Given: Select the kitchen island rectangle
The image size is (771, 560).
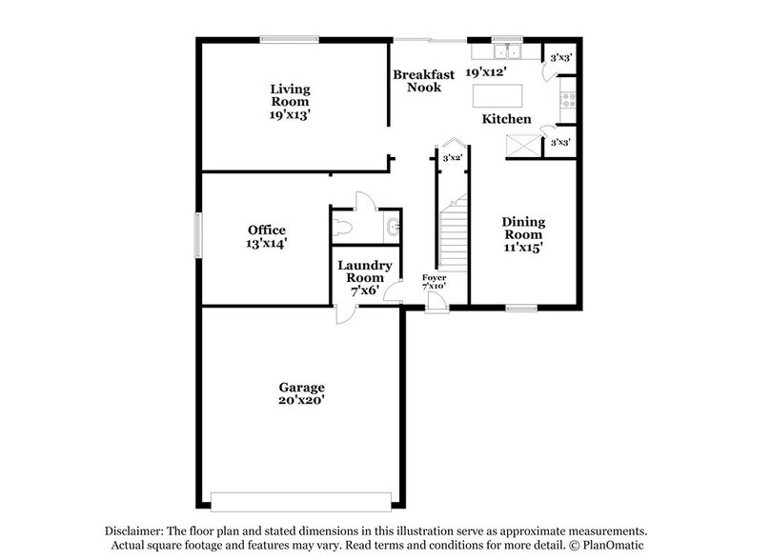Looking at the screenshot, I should coord(499,95).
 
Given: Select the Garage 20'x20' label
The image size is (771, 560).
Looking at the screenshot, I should coord(301,394).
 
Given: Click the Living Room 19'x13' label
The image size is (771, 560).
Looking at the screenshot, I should coord(289,98).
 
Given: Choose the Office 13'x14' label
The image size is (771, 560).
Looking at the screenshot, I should coord(267,236).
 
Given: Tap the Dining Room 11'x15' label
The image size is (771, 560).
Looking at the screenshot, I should coord(523,234).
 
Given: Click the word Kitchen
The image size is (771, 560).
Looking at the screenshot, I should coord(505,119).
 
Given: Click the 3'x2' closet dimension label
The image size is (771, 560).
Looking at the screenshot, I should coord(453,158).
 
